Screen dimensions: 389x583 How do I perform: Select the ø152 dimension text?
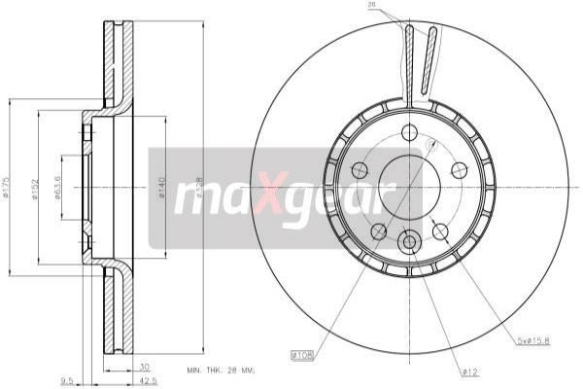(x=34, y=188)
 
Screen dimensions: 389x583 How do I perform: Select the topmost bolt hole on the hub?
(x=409, y=131)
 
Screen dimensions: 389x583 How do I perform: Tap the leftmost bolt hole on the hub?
(x=360, y=169)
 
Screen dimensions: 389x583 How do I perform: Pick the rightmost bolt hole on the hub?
(x=459, y=169)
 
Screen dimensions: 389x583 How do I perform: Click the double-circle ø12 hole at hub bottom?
(x=409, y=240)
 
